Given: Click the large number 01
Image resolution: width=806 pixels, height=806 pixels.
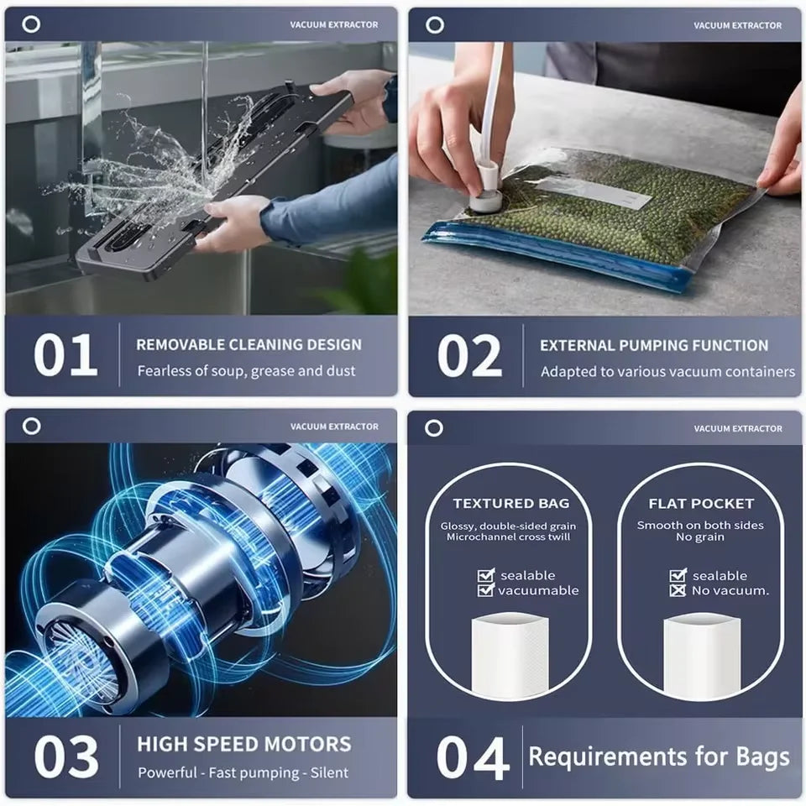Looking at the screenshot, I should point(65,356).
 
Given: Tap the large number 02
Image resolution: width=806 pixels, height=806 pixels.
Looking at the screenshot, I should point(469,357).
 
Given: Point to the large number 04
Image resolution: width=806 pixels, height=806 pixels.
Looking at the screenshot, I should point(473,757).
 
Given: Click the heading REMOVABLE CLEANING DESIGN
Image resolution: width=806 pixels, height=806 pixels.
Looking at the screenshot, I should point(249,344).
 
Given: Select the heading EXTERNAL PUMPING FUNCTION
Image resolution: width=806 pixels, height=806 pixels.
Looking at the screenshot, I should point(654,345).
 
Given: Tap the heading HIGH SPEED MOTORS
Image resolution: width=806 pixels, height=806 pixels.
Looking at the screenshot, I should point(244,744).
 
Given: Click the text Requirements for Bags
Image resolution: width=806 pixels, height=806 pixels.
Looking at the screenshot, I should point(659,756).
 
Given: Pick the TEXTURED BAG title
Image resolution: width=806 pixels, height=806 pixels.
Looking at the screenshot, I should point(510,504).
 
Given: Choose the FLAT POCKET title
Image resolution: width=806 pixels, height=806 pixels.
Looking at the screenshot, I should point(701,504).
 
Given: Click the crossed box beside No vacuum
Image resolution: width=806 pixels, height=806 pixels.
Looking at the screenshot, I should point(678,590).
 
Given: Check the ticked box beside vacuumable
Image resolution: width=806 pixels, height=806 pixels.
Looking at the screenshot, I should point(485,590).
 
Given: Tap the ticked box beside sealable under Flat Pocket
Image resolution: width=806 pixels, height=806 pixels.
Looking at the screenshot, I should point(678,575).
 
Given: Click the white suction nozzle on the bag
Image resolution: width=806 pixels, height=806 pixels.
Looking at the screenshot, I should point(484,196).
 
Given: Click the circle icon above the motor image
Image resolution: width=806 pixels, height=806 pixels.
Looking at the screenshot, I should point(31,426).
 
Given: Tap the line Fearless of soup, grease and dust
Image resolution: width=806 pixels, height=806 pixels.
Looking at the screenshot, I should point(247,370).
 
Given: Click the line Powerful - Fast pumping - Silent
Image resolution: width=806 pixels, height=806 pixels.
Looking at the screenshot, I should point(243,772).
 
